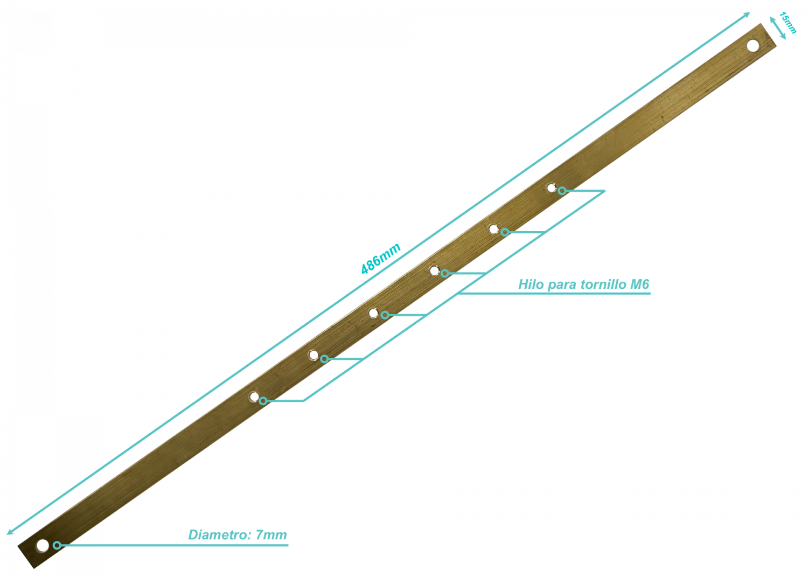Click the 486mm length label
pyautogui.click(x=381, y=259)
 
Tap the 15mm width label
pyautogui.click(x=788, y=23)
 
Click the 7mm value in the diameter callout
pyautogui.click(x=271, y=534)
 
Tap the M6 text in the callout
pyautogui.click(x=640, y=284)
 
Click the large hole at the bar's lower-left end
pyautogui.click(x=43, y=545)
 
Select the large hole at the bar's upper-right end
pyautogui.click(x=753, y=46)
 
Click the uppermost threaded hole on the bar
pyautogui.click(x=551, y=188)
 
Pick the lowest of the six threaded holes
pyautogui.click(x=254, y=397)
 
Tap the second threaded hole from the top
pyautogui.click(x=493, y=229)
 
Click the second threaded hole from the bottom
pyautogui.click(x=314, y=355)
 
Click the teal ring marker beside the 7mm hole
pyautogui.click(x=57, y=545)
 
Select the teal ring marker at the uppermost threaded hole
pyautogui.click(x=562, y=191)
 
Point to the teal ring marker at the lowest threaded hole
pyautogui.click(x=263, y=400)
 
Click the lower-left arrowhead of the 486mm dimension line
pyautogui.click(x=10, y=532)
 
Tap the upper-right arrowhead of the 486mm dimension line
pyautogui.click(x=747, y=15)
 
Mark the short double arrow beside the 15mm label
pyautogui.click(x=777, y=28)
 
